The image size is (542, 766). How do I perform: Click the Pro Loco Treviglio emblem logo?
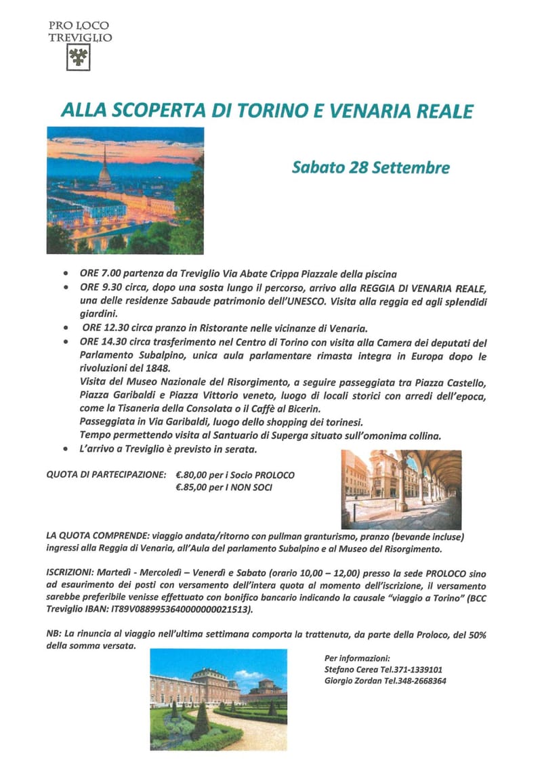tap(79, 59)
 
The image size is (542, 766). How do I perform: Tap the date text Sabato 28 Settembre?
tap(371, 167)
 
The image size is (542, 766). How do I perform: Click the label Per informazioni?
tap(357, 657)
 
